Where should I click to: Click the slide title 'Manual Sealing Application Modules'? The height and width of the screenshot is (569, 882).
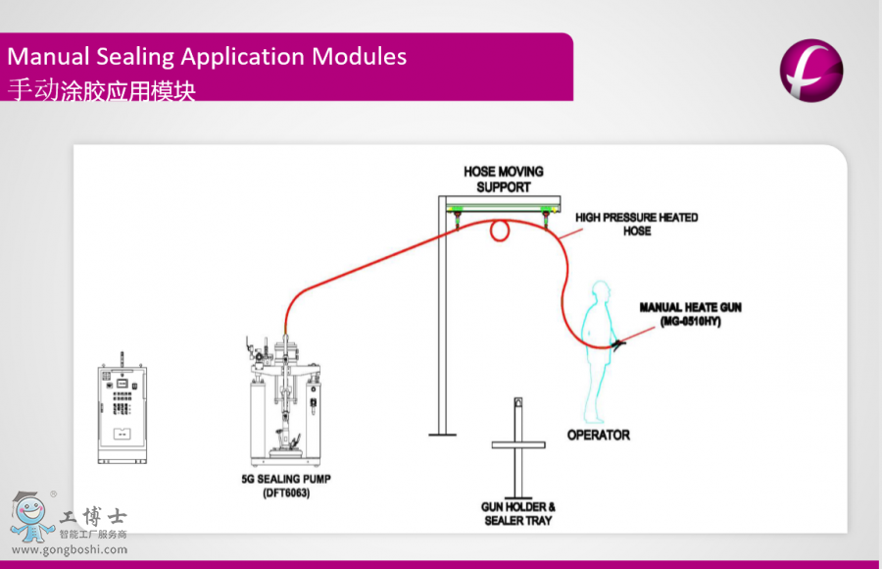click(x=207, y=56)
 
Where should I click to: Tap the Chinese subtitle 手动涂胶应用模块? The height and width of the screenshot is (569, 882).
click(x=102, y=91)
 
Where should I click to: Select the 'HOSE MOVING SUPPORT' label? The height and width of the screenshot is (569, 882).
click(x=504, y=179)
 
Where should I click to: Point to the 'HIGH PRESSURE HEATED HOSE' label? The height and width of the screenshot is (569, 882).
click(x=636, y=224)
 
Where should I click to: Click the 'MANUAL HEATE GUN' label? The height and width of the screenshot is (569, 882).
click(x=690, y=307)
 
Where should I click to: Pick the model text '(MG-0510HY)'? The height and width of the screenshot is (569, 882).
click(x=690, y=321)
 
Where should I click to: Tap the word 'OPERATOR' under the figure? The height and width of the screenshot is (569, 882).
click(x=598, y=434)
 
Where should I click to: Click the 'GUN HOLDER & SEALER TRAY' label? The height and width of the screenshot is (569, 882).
click(x=517, y=513)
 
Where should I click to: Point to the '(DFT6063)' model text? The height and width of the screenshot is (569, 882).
click(x=286, y=492)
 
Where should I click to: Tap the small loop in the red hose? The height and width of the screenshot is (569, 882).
click(x=500, y=231)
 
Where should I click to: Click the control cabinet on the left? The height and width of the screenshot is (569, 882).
click(x=122, y=412)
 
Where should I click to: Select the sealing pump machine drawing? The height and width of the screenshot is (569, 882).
click(x=285, y=402)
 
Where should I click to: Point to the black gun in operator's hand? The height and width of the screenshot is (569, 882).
click(x=617, y=344)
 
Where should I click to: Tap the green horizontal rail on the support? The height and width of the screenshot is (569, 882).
click(x=501, y=206)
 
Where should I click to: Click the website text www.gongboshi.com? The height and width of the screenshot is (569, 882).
click(x=69, y=549)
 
